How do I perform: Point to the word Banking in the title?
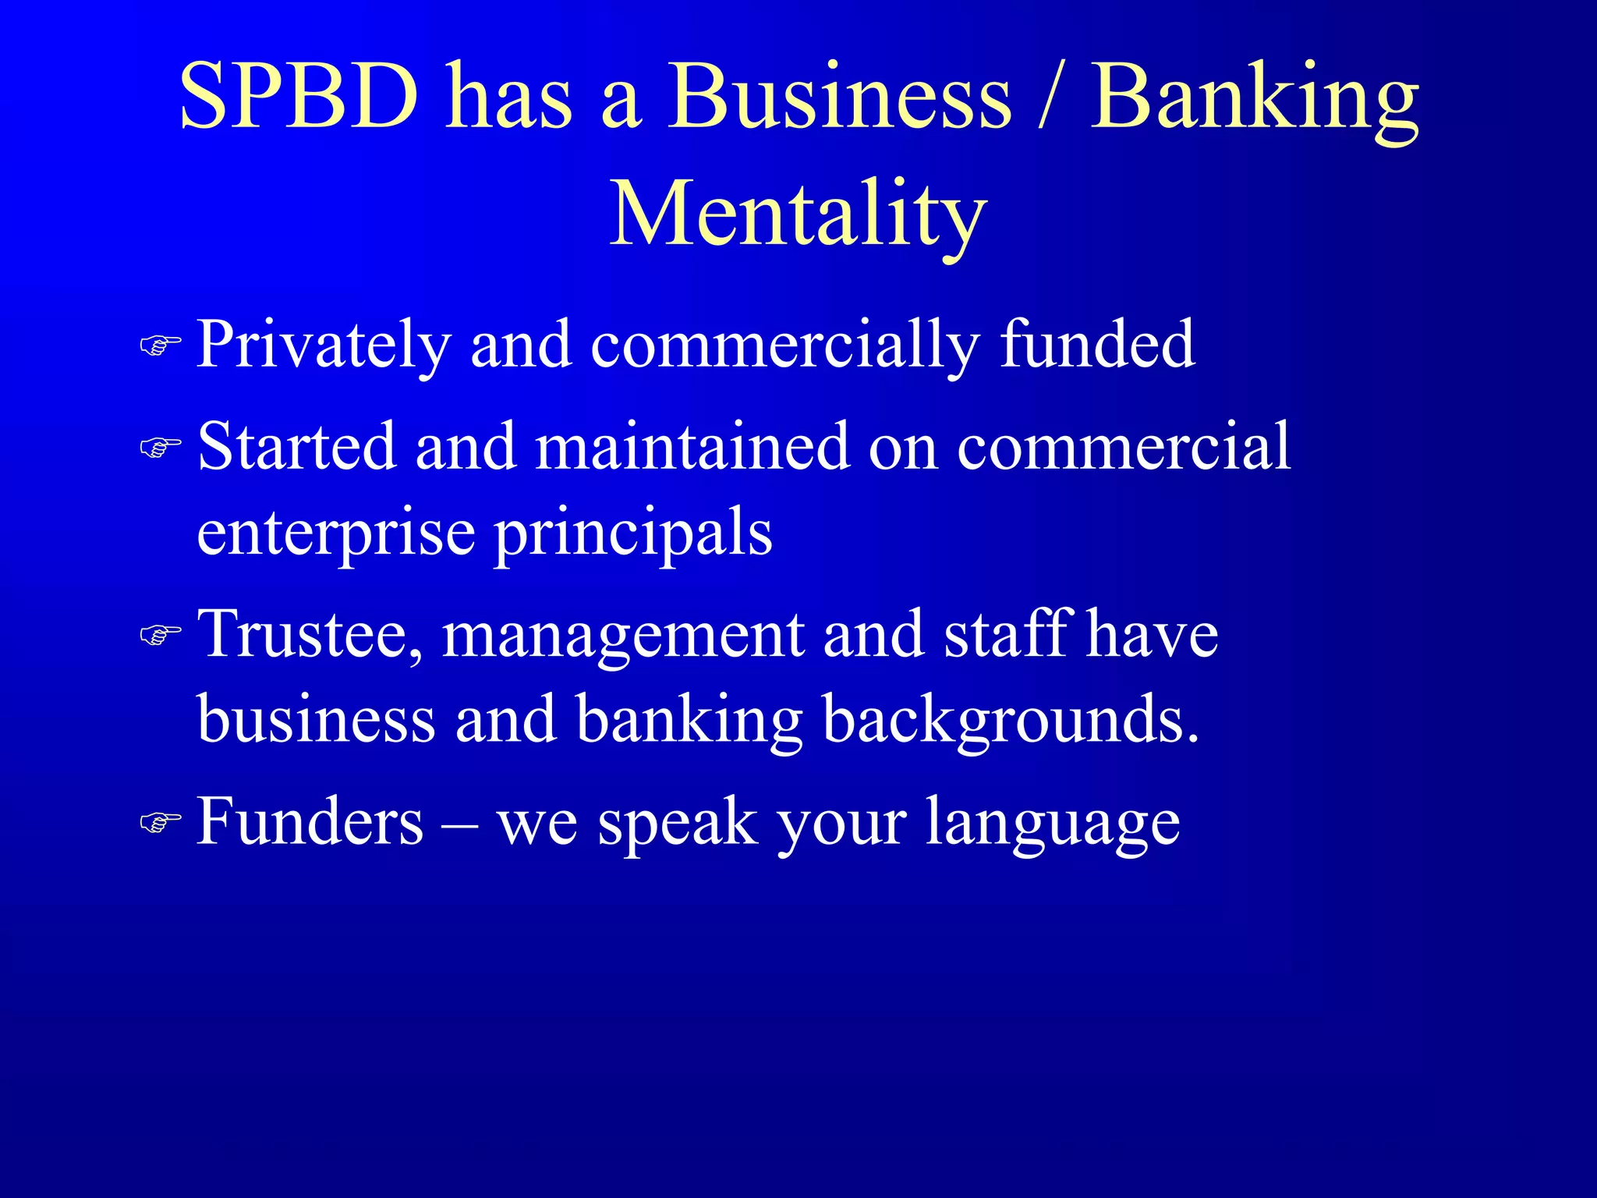tap(1254, 101)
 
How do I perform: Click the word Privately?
tap(324, 345)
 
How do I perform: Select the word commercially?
tap(784, 345)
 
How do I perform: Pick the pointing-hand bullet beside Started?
tap(160, 447)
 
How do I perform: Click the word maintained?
tap(692, 446)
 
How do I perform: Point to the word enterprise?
tap(336, 535)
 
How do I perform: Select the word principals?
tap(633, 535)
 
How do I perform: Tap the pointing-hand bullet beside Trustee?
tap(160, 635)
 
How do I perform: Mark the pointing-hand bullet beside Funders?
tap(160, 822)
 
